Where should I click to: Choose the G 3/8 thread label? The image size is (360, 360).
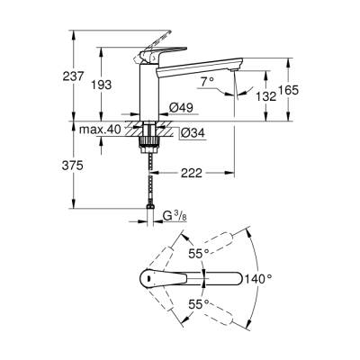pos(169,217)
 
